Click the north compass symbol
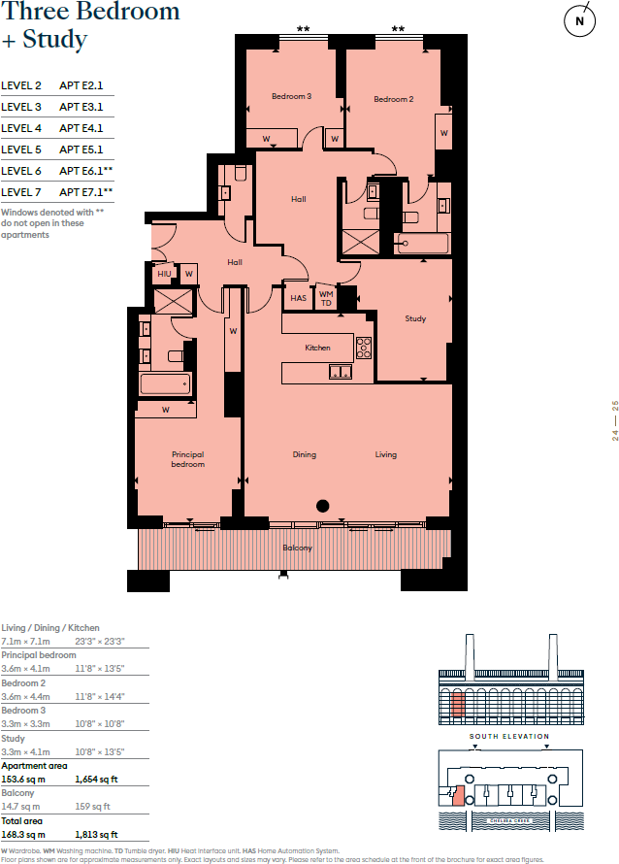[x=580, y=20]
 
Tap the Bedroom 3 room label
[x=291, y=96]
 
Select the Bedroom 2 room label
[x=394, y=99]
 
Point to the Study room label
[x=415, y=318]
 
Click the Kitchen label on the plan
[x=317, y=348]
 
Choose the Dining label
[x=305, y=454]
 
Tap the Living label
[x=386, y=454]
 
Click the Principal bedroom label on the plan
[x=188, y=459]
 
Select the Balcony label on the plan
[x=297, y=548]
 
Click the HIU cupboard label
[x=164, y=275]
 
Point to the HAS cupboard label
[x=298, y=298]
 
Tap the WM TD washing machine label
[x=326, y=298]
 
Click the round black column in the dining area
[x=323, y=505]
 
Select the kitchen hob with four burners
[x=364, y=347]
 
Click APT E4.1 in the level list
[x=81, y=128]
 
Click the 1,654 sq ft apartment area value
[x=96, y=780]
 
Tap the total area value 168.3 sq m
[x=23, y=834]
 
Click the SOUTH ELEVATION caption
[x=509, y=737]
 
